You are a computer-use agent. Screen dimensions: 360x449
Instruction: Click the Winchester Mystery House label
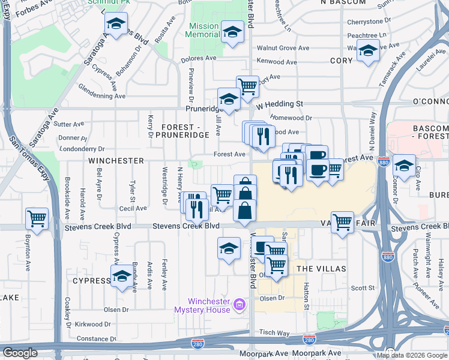(202, 305)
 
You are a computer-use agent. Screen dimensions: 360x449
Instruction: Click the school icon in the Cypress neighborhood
(122, 276)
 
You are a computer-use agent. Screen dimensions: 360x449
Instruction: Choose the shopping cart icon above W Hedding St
(247, 86)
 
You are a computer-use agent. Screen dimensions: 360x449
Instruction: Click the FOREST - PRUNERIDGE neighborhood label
(185, 131)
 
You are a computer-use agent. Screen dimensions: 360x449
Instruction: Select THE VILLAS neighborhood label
(321, 268)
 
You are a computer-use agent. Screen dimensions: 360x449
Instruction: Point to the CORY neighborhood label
(341, 61)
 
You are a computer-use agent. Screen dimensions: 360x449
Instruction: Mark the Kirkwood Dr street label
(90, 324)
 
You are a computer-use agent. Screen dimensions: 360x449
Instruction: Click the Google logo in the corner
(20, 353)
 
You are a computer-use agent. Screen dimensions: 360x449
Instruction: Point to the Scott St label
(363, 288)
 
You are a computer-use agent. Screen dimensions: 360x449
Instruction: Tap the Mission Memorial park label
(204, 30)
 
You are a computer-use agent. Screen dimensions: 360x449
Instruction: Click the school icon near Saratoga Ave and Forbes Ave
(115, 25)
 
